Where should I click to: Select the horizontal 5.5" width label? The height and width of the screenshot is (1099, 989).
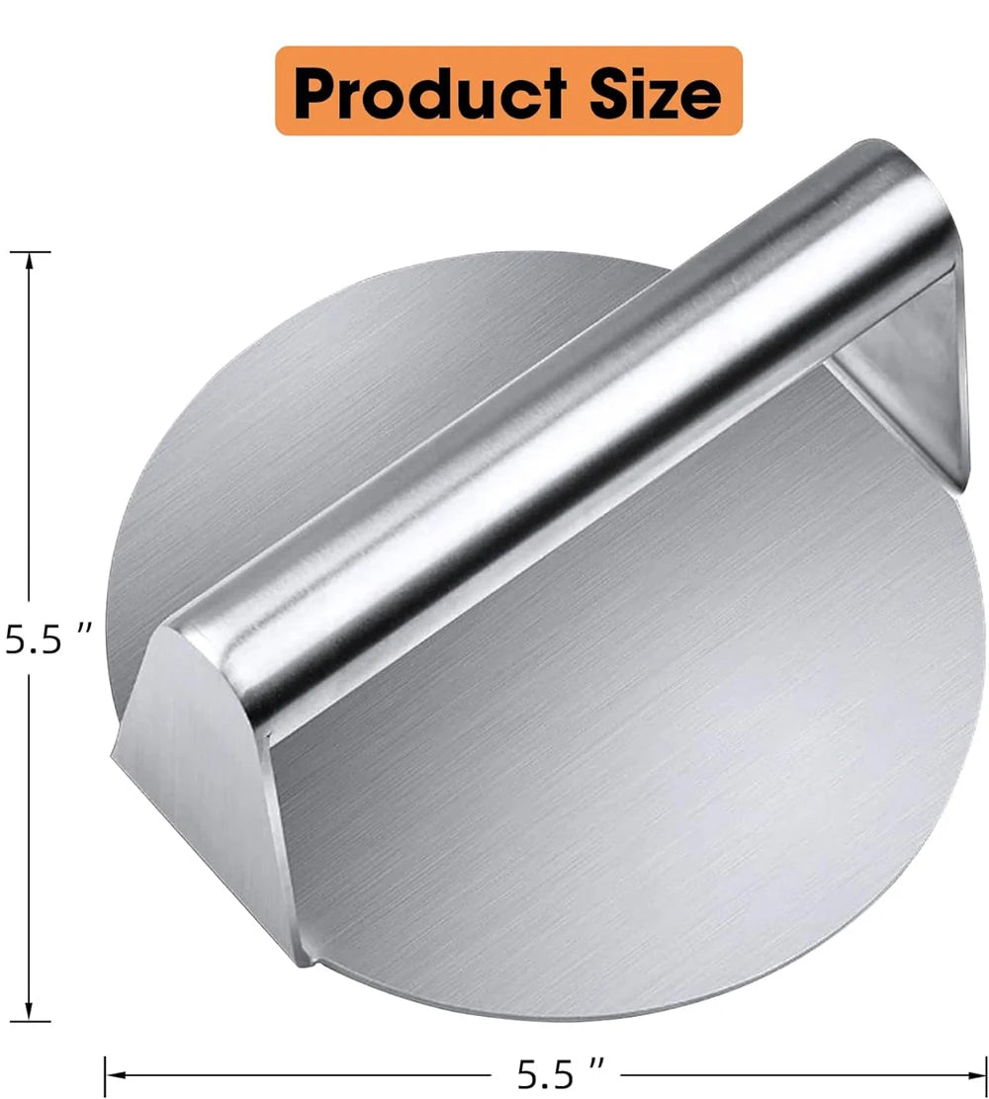pos(560,1070)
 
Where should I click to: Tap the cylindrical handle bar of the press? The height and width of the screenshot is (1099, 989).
pos(554,435)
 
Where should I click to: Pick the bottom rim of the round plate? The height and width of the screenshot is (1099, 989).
pos(554,1014)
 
